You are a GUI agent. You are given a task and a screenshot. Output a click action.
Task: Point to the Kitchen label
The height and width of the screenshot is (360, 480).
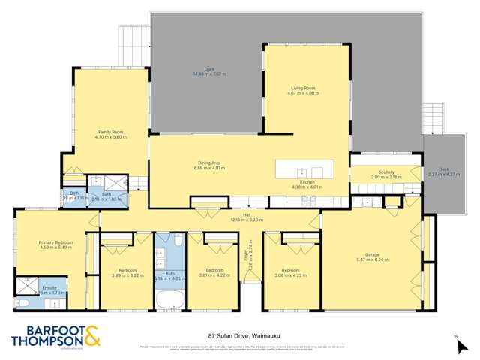(x=311, y=184)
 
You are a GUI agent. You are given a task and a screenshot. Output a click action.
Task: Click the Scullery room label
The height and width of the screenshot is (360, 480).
(x=387, y=174)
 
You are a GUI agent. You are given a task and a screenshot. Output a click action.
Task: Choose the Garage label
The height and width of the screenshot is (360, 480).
(x=372, y=256)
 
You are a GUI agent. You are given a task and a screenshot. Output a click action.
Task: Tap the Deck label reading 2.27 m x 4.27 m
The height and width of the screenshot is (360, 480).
(x=443, y=172)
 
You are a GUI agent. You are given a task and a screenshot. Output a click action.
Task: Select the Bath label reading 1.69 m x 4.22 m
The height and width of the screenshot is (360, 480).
(x=169, y=274)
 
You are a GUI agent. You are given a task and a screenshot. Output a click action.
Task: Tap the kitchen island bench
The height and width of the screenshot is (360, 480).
(x=304, y=169)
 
